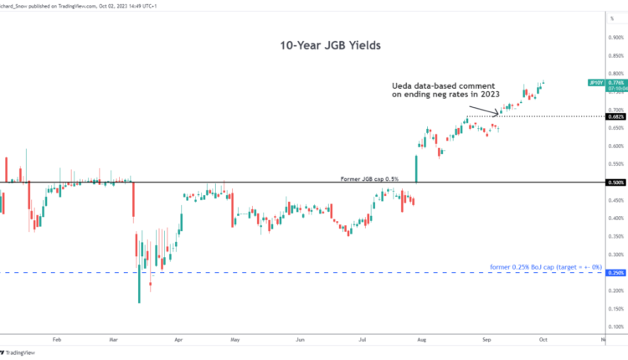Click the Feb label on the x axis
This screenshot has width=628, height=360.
[x=57, y=341]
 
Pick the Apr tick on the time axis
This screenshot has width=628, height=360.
[x=178, y=341]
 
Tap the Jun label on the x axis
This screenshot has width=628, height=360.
[x=299, y=341]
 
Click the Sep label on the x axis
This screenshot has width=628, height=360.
[x=486, y=341]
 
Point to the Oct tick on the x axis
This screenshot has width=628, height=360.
[x=543, y=341]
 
